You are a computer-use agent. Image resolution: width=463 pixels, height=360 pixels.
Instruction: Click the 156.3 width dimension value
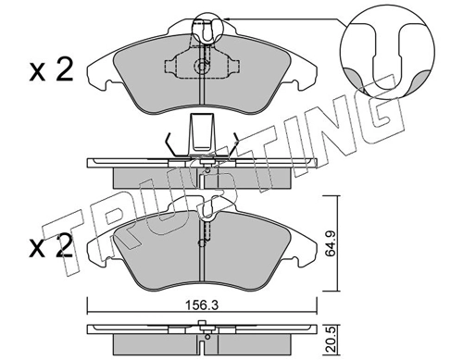[x=202, y=305]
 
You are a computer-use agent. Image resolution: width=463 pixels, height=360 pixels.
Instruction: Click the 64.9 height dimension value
[x=331, y=244]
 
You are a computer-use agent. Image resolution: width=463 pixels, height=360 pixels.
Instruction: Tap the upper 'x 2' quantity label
[x=51, y=70]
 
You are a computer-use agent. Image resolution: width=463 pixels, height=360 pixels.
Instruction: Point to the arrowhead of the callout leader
[x=227, y=19]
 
